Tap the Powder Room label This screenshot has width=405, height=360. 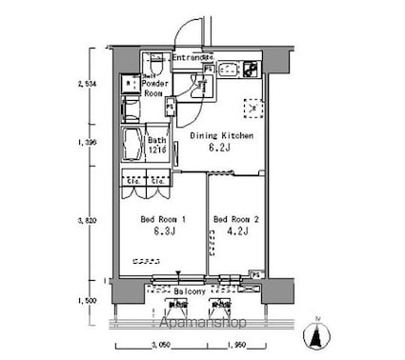point(155,89)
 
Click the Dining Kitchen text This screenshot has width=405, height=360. point(221,137)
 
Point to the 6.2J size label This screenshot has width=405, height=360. point(221,149)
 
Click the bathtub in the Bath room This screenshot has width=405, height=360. point(134,147)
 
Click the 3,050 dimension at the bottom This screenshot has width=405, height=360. point(162,347)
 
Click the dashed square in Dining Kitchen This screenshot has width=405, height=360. point(253,109)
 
